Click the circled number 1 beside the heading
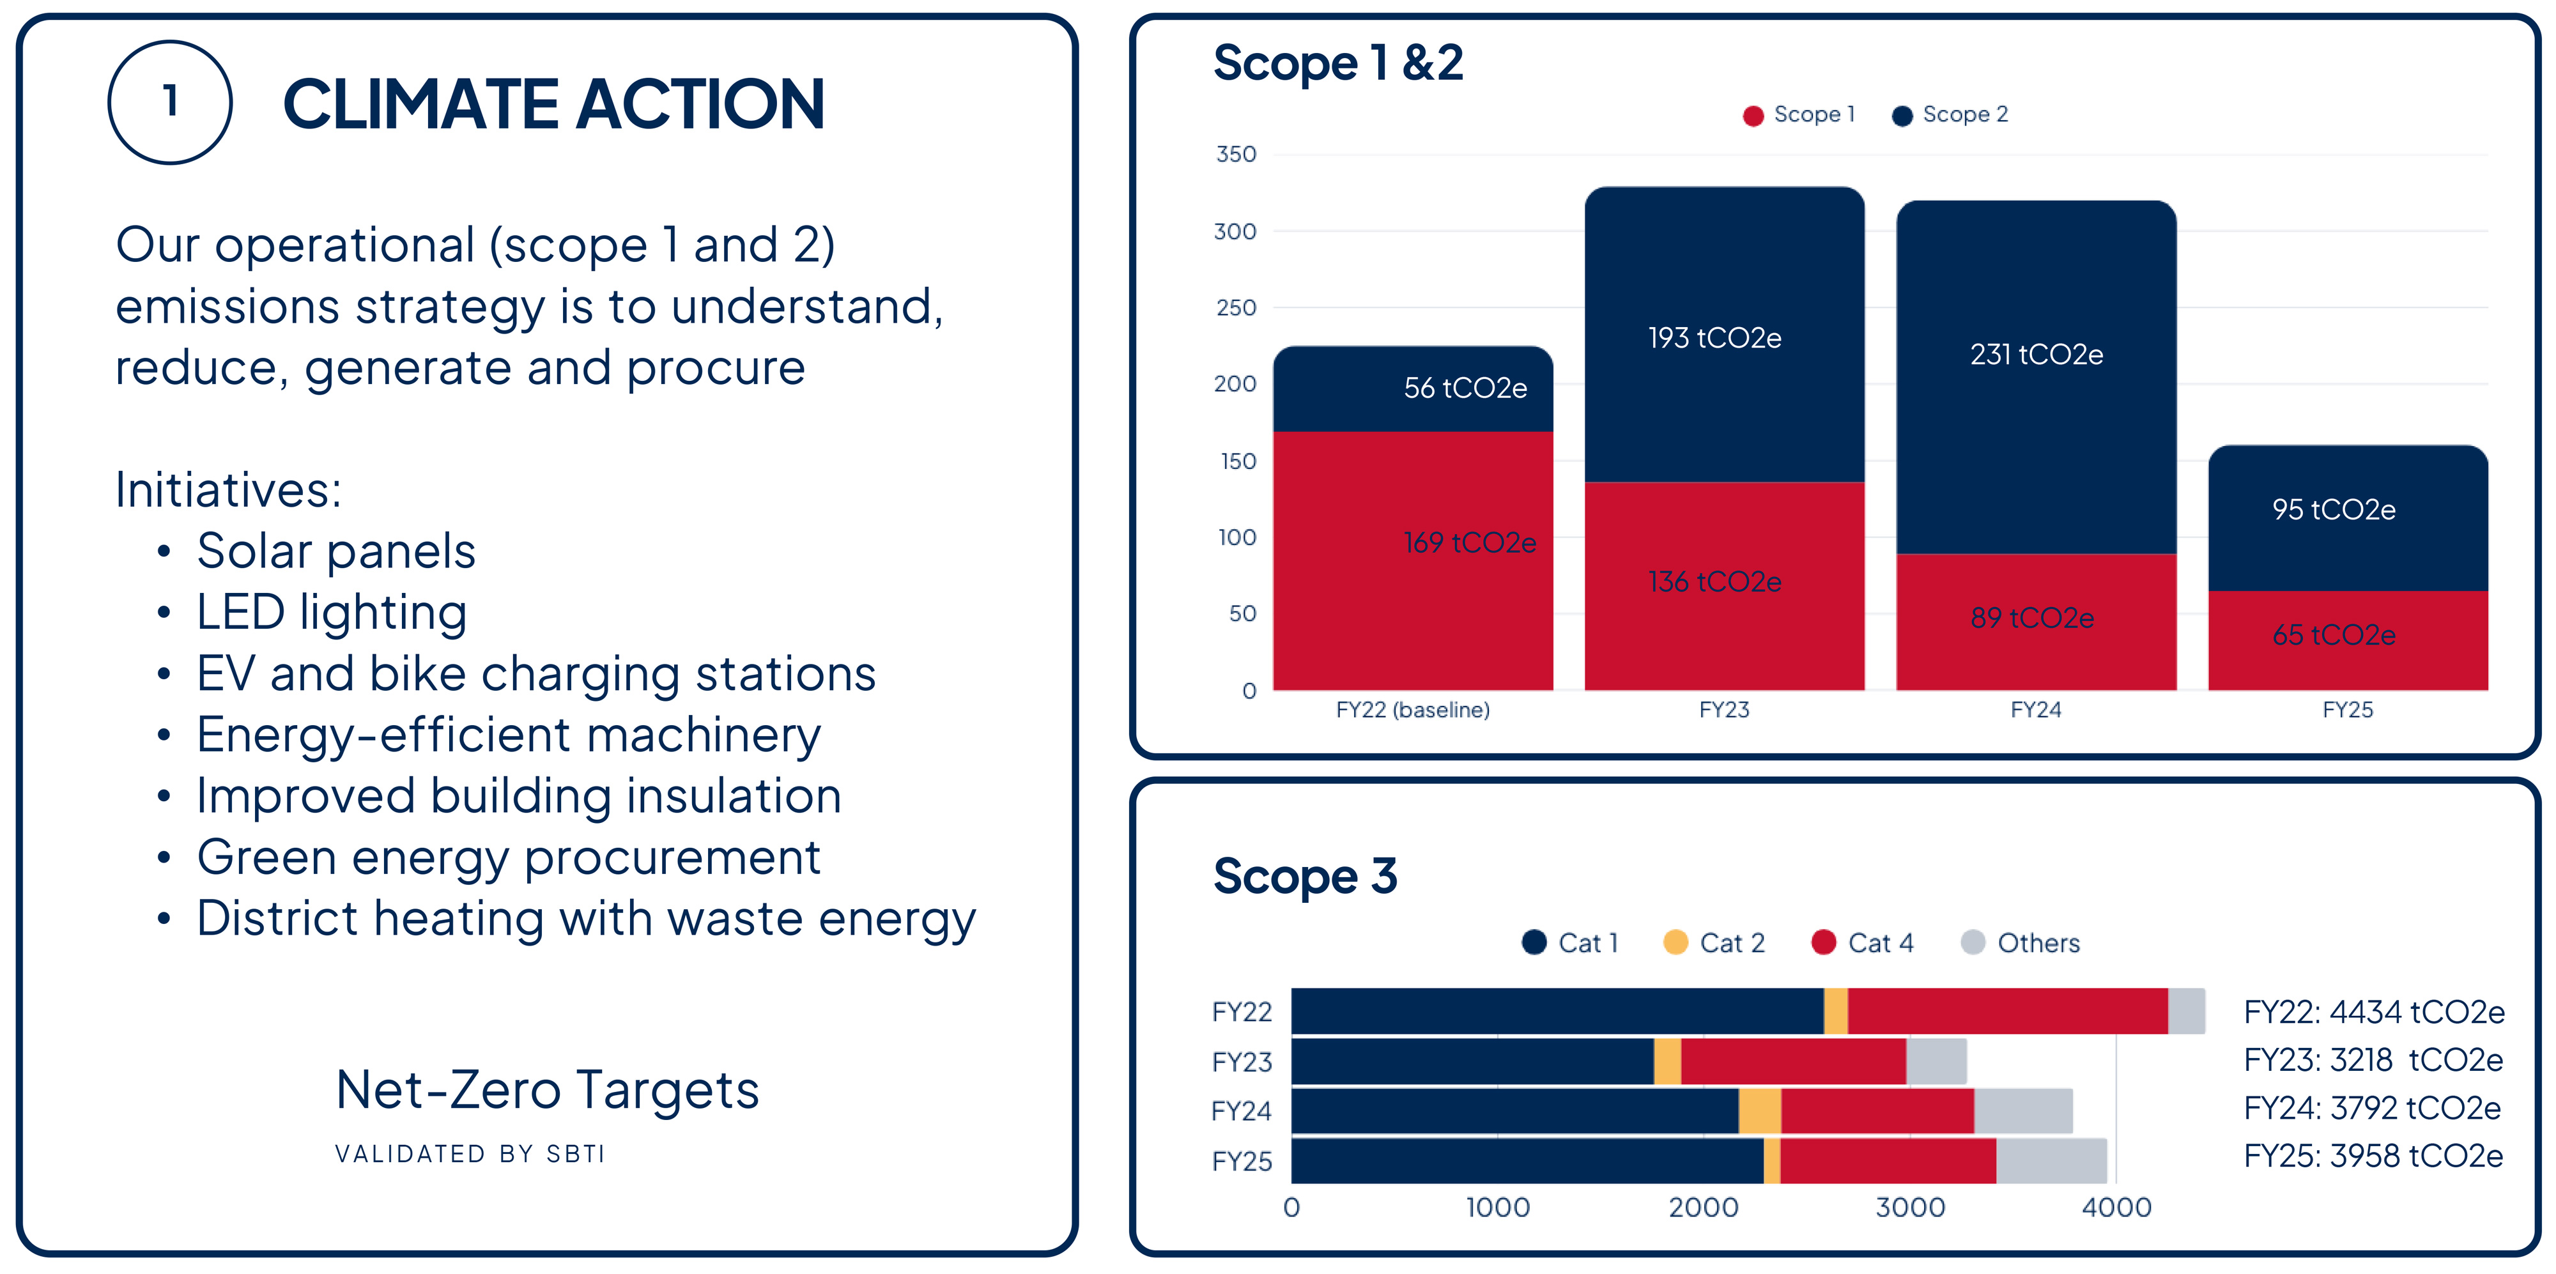tap(170, 102)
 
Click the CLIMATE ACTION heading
tap(553, 104)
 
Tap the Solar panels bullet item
tap(335, 551)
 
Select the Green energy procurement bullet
tap(508, 857)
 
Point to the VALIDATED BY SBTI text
tap(469, 1154)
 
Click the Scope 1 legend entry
tap(1798, 115)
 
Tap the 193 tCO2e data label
tap(1714, 339)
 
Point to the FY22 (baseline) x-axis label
tap(1412, 709)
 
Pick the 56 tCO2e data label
tap(1465, 388)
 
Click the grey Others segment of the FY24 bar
tap(2022, 1111)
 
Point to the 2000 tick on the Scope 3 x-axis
tap(1703, 1208)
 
